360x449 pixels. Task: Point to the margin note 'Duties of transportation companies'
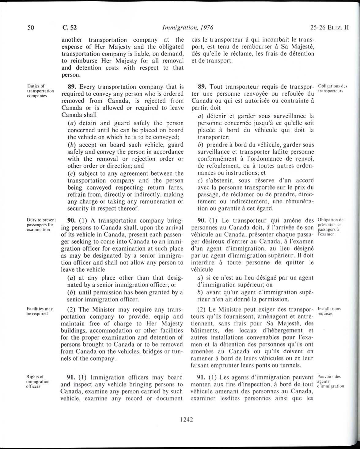[40, 91]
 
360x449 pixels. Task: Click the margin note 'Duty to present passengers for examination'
[40, 224]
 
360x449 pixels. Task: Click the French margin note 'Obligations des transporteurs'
[333, 88]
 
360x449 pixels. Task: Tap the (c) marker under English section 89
[71, 174]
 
